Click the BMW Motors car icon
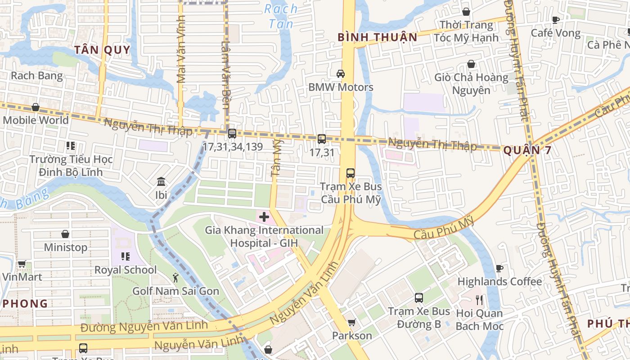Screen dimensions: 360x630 tap(341, 73)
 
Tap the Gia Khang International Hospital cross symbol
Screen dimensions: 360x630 tap(264, 217)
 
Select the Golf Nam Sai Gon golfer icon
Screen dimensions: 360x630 tap(175, 278)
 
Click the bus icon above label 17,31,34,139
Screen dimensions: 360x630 tap(232, 133)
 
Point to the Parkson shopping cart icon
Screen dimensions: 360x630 tap(351, 322)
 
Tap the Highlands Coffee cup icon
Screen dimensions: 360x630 tap(499, 268)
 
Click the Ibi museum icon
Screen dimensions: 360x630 tap(161, 182)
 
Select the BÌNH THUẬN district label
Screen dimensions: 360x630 tap(378, 37)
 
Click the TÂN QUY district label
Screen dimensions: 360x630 tap(102, 50)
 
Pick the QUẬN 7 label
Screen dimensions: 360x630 tap(527, 150)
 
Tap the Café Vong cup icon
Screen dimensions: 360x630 tap(556, 20)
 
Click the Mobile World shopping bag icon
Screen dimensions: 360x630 tap(35, 108)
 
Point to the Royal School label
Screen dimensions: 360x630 tap(126, 270)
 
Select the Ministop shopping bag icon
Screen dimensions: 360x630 tap(65, 234)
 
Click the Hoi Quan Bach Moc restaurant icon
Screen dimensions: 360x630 tap(479, 300)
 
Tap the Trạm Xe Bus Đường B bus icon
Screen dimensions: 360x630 tap(419, 297)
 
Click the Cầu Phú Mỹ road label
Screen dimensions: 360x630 tap(445, 228)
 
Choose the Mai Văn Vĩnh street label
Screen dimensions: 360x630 tap(181, 49)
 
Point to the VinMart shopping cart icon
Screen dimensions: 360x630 tap(22, 264)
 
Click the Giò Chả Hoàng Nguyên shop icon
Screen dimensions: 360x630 tap(471, 64)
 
